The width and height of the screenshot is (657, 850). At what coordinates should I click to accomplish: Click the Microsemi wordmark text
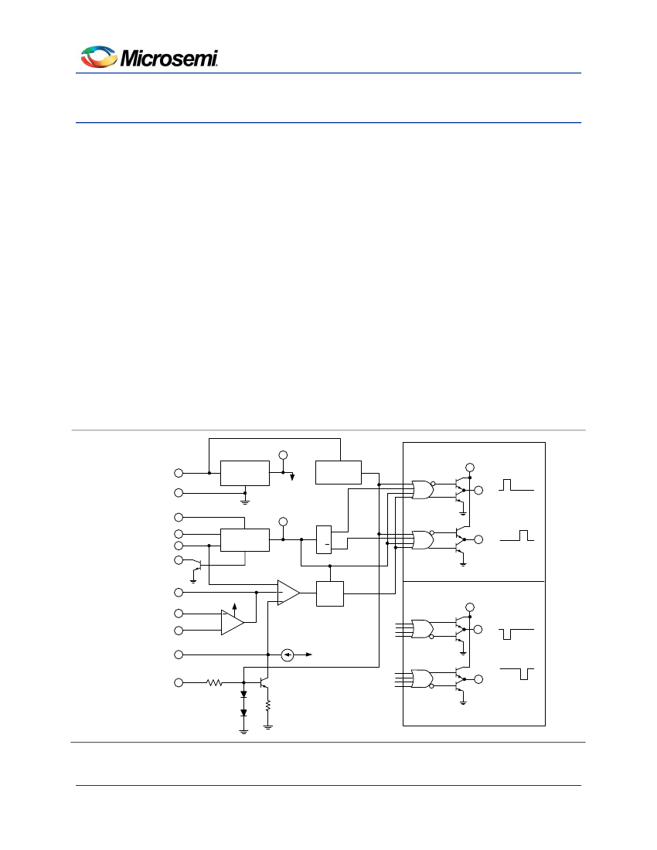(x=169, y=58)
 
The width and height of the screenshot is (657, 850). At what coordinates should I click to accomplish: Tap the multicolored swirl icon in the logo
(x=99, y=57)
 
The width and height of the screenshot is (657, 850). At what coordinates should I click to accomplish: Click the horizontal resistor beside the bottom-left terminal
(x=213, y=683)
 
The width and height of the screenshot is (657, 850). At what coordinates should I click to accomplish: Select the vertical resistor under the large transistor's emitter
(x=268, y=705)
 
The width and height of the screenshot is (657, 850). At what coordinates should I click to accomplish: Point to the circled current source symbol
(x=287, y=655)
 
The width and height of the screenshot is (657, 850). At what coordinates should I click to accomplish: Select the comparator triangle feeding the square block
(x=288, y=593)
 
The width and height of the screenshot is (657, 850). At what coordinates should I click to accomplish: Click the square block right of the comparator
(x=330, y=593)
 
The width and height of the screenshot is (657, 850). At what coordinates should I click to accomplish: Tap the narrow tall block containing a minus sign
(x=324, y=539)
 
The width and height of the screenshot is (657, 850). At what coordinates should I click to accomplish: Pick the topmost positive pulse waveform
(x=516, y=485)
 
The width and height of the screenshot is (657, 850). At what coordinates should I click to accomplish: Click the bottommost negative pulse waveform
(x=516, y=673)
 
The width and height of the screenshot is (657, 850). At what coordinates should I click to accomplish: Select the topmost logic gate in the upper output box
(x=422, y=490)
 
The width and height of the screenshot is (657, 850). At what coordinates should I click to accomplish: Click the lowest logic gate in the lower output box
(x=422, y=678)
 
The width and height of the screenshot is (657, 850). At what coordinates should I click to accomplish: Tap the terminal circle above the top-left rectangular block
(x=283, y=454)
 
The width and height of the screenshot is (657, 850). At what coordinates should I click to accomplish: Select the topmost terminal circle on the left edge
(x=179, y=472)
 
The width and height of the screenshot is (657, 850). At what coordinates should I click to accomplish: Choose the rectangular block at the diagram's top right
(x=339, y=472)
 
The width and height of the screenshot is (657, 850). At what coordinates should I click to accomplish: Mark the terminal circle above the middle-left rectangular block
(x=283, y=522)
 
